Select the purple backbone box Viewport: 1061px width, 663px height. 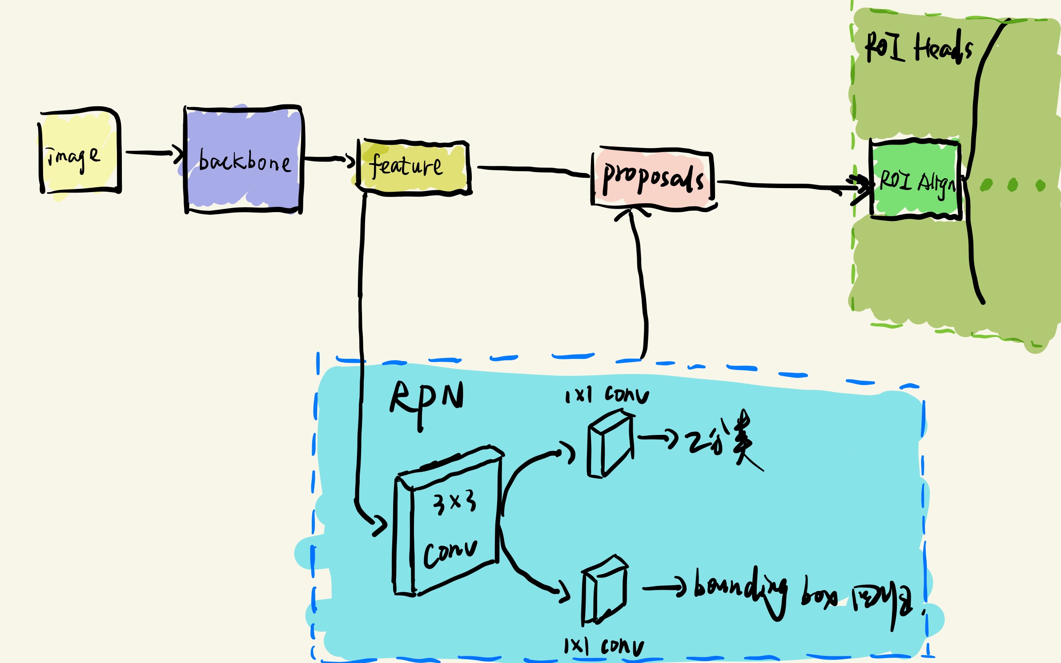tap(243, 160)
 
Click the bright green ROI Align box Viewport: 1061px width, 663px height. tap(915, 180)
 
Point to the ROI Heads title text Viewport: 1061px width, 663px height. tap(918, 48)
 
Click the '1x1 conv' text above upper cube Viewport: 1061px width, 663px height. tap(607, 395)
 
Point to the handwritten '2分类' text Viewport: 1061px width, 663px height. tap(720, 440)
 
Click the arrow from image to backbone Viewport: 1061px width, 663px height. tap(153, 153)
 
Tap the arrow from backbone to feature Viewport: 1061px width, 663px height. tap(329, 159)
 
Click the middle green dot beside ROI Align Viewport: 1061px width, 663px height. tap(1013, 185)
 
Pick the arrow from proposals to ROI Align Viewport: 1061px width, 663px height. tap(792, 185)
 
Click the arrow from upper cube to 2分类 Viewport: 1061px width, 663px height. tap(658, 438)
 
